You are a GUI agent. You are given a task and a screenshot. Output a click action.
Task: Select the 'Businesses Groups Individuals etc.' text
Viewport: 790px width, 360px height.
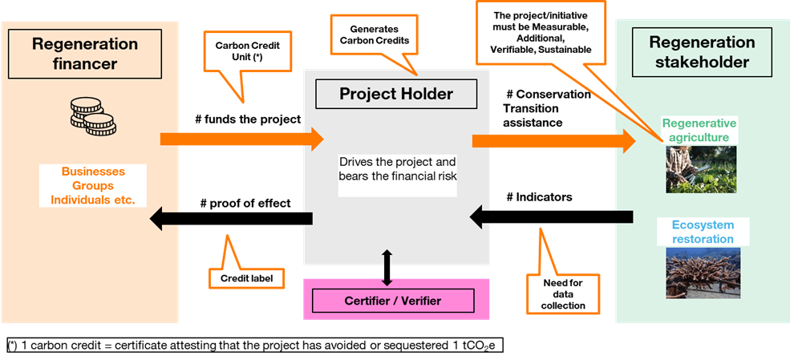pyautogui.click(x=93, y=185)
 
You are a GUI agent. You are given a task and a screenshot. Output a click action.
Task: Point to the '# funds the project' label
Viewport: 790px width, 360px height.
pyautogui.click(x=247, y=119)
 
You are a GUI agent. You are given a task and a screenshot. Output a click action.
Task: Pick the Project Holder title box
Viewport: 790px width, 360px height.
pyautogui.click(x=396, y=94)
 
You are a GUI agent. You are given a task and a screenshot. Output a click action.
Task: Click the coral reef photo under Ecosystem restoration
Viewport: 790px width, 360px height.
pyautogui.click(x=696, y=273)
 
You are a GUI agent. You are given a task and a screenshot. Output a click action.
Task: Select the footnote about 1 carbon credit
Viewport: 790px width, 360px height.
pyautogui.click(x=254, y=346)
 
